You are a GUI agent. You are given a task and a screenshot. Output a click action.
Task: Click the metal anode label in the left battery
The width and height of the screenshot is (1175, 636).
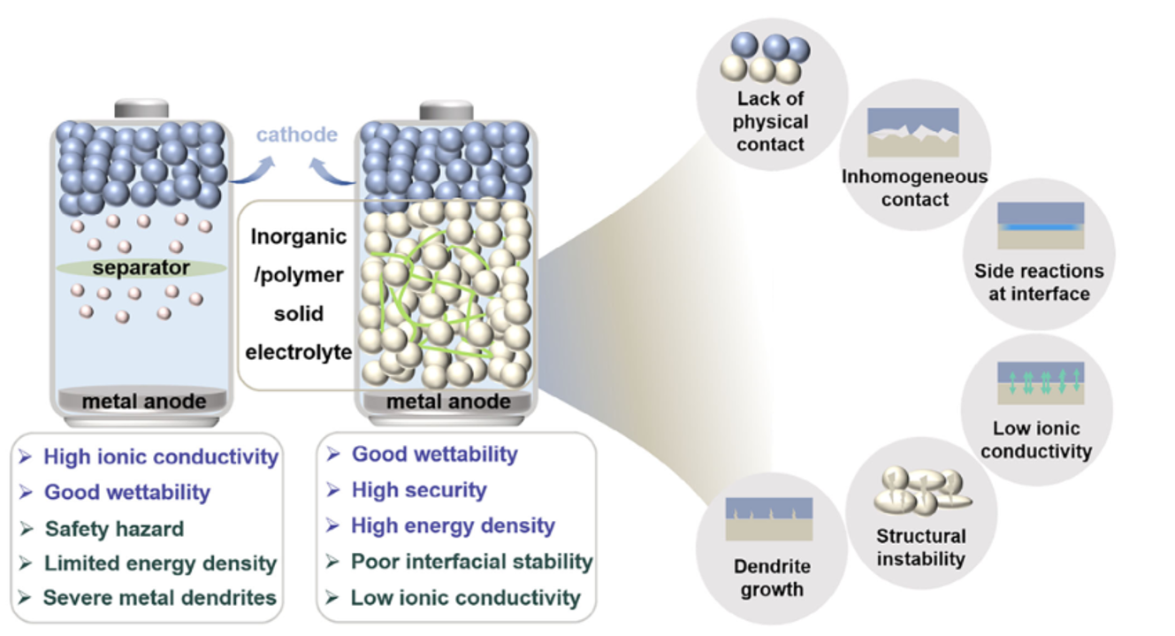click(144, 402)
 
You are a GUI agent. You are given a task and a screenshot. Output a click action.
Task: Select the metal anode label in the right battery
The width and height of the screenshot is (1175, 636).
click(448, 402)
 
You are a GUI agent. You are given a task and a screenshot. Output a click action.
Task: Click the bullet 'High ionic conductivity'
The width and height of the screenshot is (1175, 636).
click(160, 456)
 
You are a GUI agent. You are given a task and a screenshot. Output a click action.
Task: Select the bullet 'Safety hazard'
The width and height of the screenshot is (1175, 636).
click(115, 528)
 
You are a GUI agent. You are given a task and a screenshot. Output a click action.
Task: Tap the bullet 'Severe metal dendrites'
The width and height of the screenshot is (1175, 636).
click(159, 597)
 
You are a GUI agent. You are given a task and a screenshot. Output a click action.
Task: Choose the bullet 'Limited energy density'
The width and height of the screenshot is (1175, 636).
click(160, 563)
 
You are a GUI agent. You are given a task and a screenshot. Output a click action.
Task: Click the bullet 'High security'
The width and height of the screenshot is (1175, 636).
click(418, 489)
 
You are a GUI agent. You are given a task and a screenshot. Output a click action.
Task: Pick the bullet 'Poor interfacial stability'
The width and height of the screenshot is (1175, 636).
click(471, 561)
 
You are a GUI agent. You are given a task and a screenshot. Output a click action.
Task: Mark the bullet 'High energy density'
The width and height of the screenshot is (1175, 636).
click(453, 525)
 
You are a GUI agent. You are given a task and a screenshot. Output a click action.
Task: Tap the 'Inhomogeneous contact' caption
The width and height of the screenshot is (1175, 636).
click(914, 188)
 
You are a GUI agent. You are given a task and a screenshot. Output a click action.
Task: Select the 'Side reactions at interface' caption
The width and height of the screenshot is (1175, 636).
click(1039, 282)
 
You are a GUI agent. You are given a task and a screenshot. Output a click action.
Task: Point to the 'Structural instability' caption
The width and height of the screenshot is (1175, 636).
click(920, 547)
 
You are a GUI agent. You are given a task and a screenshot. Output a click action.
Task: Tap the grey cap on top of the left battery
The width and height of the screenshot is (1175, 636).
click(141, 109)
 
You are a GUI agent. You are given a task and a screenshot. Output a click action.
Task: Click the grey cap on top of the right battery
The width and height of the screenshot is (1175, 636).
click(446, 110)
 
